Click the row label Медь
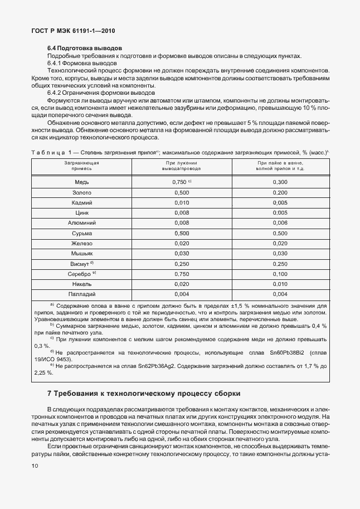click(81, 182)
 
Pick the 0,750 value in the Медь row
click(179, 182)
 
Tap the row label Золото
click(81, 192)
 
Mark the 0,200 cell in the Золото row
click(280, 192)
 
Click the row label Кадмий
click(81, 202)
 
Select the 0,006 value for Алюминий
click(280, 223)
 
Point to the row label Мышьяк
click(81, 253)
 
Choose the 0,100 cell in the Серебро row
click(280, 273)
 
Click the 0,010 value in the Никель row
click(280, 284)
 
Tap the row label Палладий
click(81, 294)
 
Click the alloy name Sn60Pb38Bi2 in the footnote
click(285, 352)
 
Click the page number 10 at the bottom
click(36, 473)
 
